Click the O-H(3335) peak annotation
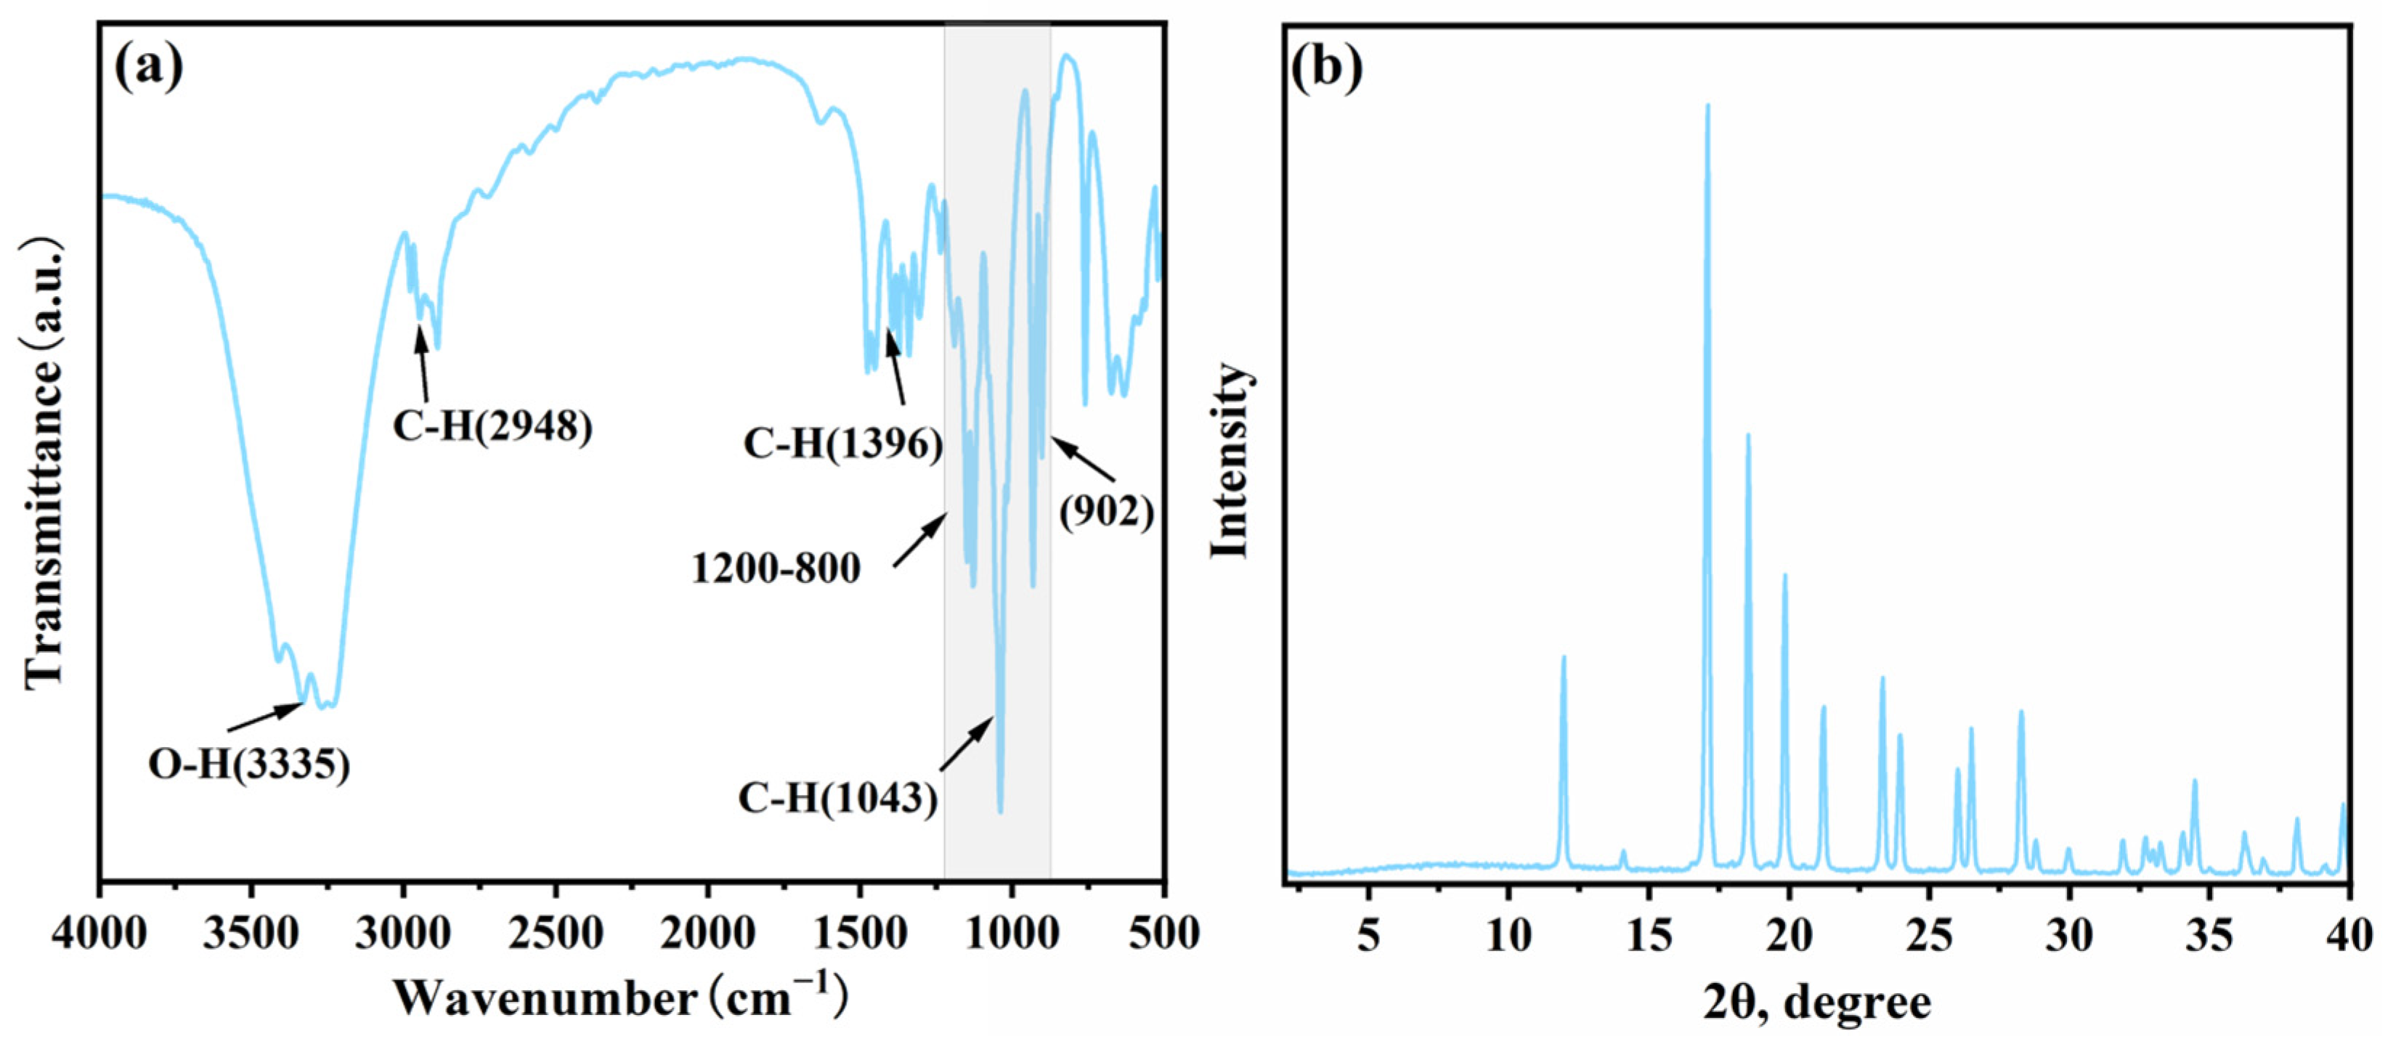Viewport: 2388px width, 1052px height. [x=249, y=764]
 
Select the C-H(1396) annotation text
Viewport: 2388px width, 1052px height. [x=842, y=444]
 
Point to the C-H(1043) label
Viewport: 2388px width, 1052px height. [x=837, y=798]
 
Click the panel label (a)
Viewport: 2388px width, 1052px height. [x=147, y=67]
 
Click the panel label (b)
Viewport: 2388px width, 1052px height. [x=1327, y=67]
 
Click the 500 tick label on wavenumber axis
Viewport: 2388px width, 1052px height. [x=1163, y=934]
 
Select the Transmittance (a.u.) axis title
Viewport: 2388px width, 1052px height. [x=44, y=463]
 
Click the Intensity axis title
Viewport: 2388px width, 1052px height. [x=1230, y=460]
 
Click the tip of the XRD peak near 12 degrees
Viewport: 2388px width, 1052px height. [x=1564, y=657]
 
